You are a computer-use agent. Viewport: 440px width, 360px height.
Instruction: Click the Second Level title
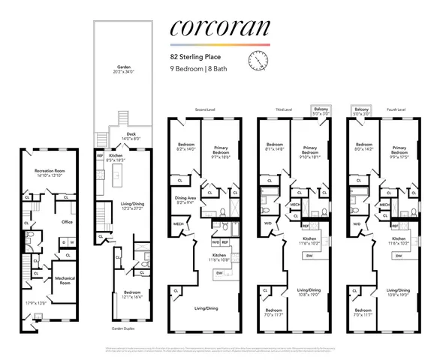pos(206,109)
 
